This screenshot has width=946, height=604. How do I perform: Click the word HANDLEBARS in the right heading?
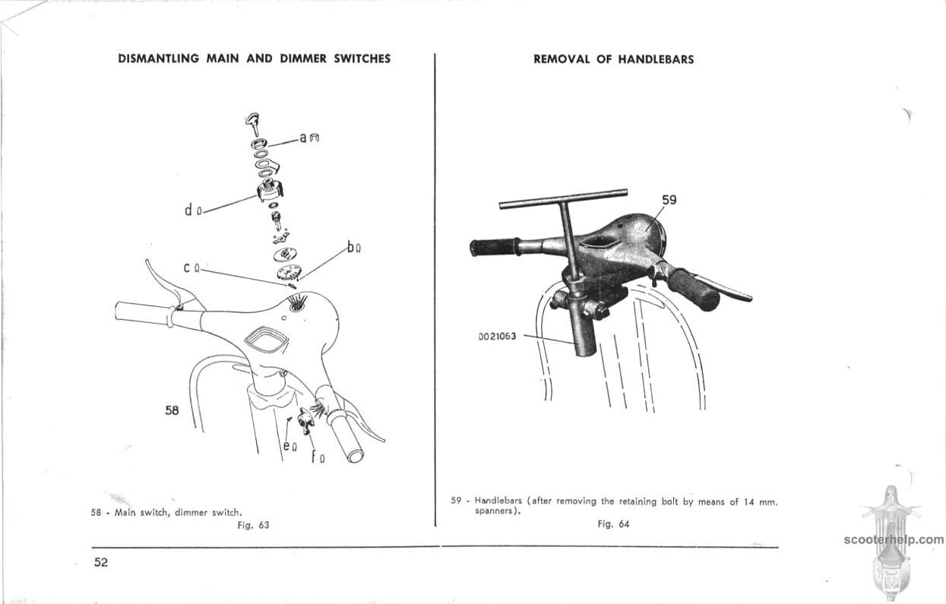656,59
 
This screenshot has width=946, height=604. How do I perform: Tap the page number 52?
101,562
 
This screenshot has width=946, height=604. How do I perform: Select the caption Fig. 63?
253,524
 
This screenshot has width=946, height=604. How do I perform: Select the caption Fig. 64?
613,523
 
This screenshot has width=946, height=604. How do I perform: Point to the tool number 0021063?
497,336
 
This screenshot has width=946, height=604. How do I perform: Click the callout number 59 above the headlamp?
669,201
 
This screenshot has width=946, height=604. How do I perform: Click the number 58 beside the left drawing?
172,410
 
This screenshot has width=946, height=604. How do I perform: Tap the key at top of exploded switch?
253,122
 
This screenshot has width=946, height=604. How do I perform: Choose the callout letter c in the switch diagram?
187,268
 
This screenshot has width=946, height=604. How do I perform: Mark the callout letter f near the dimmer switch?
312,457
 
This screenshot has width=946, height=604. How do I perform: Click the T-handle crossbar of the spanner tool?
563,199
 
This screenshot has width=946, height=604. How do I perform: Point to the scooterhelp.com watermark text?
893,540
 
